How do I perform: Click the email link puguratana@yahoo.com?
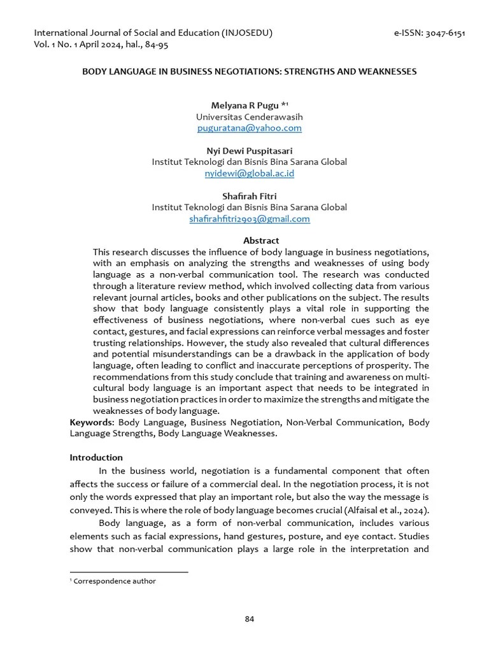coord(249,128)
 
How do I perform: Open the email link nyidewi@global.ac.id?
coord(249,173)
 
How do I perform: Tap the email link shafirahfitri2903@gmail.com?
coord(249,218)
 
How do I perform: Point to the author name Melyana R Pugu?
coord(244,106)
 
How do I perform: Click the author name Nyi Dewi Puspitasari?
coord(249,151)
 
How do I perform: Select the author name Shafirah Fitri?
coord(249,196)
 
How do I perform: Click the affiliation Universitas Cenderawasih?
coord(249,117)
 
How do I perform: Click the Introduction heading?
coord(96,457)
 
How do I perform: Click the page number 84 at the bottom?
coord(250,619)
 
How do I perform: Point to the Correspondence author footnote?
coord(115,581)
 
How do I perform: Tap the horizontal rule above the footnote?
coord(128,572)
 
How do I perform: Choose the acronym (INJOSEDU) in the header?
coord(247,33)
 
